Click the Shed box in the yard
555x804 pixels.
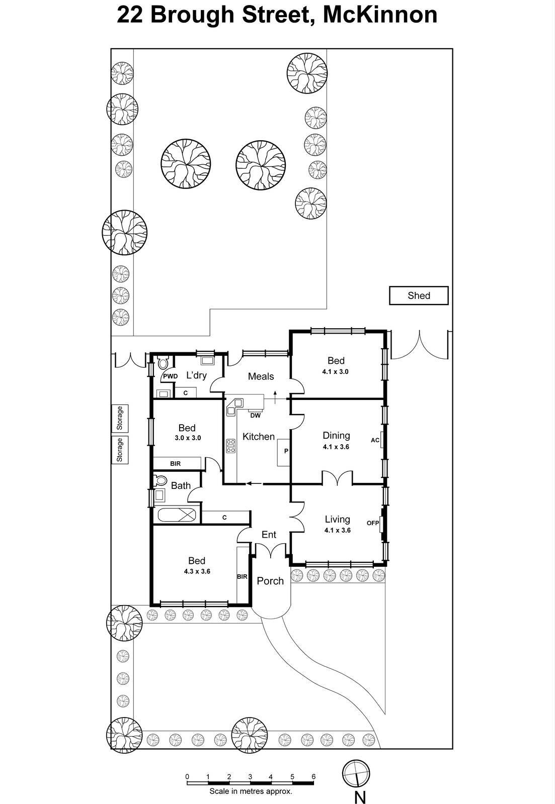[x=419, y=295]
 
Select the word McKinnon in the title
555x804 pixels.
[x=379, y=14]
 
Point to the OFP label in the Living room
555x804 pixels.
[x=372, y=523]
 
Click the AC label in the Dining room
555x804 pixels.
[x=375, y=440]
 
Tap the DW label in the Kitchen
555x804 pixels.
[x=255, y=416]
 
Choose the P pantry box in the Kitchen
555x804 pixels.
[x=284, y=451]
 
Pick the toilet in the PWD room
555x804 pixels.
[x=163, y=362]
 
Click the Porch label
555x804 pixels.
[x=270, y=581]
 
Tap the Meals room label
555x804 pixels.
[x=261, y=376]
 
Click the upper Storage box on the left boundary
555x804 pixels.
[x=120, y=418]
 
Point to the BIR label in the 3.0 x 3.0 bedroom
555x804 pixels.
[x=175, y=464]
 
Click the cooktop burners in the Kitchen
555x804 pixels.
[x=231, y=445]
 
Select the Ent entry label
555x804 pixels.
[x=269, y=535]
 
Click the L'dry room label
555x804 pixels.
[x=196, y=375]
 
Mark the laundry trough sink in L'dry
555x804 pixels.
[x=207, y=360]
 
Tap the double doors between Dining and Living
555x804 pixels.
[x=337, y=478]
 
